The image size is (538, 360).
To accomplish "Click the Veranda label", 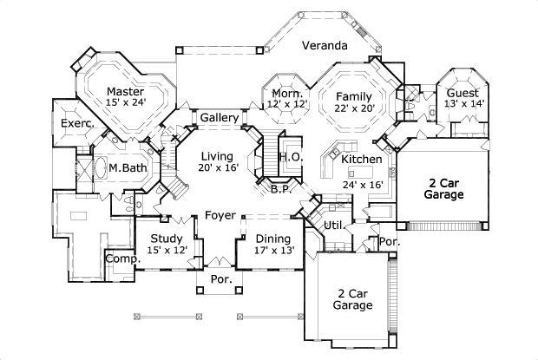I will pos(325,45).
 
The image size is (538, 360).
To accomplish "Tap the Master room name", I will pos(125,90).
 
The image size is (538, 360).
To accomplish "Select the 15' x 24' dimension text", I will pos(126,103).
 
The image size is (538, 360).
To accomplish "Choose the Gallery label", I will pos(220,117).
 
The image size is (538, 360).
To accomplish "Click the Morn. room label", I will pos(286,93).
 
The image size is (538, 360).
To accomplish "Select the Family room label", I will pos(354,96).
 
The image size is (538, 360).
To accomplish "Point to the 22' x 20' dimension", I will pos(354,108).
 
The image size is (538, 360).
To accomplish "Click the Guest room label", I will pos(464,92).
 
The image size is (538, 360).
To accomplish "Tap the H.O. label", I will pos(291,157).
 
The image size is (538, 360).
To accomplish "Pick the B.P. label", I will pos(279,188).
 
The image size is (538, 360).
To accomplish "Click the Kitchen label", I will pos(362,160).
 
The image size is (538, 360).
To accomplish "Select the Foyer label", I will pos(221,215).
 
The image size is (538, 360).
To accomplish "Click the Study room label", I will pos(166,239).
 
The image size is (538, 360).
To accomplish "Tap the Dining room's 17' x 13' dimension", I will pos(273,251).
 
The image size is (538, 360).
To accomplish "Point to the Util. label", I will pos(333,226).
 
